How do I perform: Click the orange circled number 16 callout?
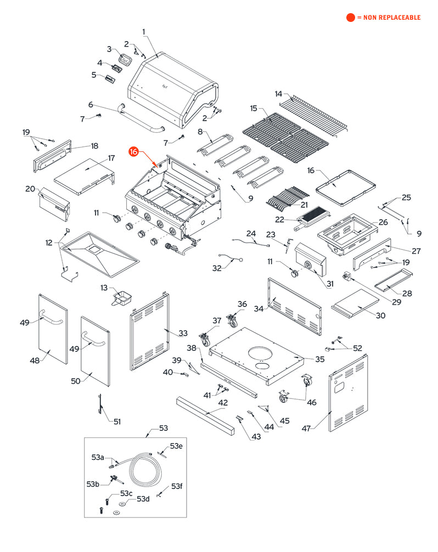(134, 151)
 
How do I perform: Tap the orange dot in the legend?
(351, 18)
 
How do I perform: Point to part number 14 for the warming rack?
(278, 93)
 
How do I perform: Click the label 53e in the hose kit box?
(176, 446)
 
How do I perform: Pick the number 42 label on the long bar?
(222, 402)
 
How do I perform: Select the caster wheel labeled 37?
(206, 340)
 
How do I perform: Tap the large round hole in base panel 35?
(261, 351)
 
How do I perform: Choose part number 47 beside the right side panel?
(306, 428)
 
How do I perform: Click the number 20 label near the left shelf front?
(30, 189)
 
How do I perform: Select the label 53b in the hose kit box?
(93, 483)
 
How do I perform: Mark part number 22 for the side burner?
(279, 219)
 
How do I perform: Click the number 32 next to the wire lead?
(217, 268)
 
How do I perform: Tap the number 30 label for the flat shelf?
(380, 315)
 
